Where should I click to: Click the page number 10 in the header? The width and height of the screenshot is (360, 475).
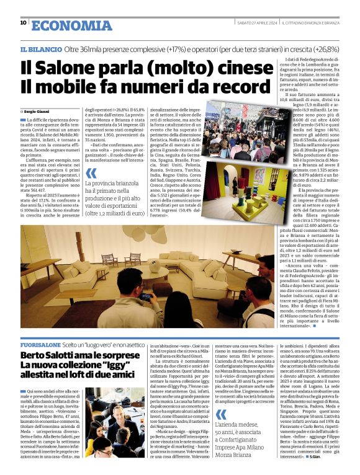coord(23,23)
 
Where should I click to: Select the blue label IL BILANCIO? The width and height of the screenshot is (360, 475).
coord(40,48)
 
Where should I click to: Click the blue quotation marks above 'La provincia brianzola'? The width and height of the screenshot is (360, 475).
coord(91,174)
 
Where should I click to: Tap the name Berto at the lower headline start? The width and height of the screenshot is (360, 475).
coord(33,355)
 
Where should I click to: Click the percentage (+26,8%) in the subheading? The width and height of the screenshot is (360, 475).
coord(325,48)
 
